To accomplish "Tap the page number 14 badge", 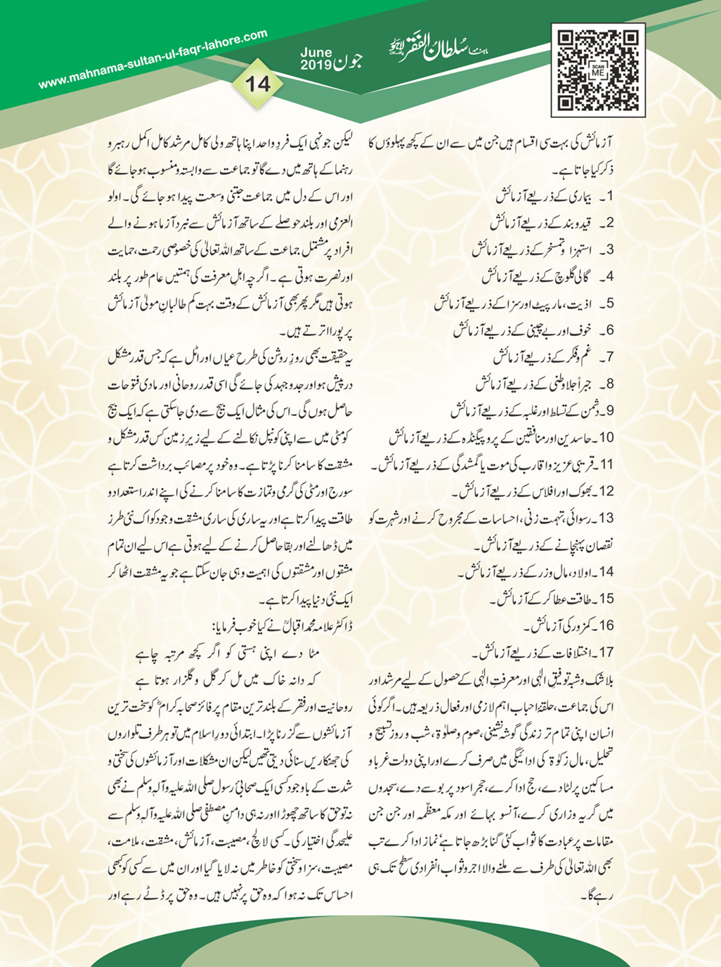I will pyautogui.click(x=257, y=84).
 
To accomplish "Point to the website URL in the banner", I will pyautogui.click(x=153, y=59).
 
